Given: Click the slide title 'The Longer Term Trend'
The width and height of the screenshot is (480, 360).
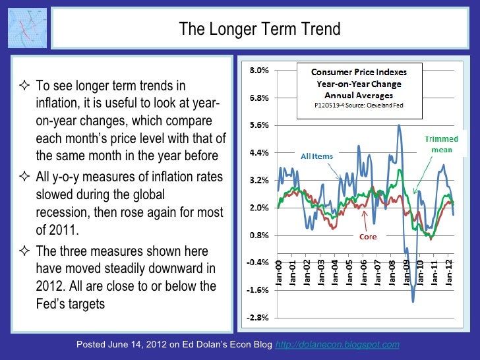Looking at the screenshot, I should click(x=260, y=29).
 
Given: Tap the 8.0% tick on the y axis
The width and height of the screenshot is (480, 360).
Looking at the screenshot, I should click(x=258, y=71).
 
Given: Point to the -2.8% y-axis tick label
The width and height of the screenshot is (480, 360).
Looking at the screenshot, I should click(x=258, y=317).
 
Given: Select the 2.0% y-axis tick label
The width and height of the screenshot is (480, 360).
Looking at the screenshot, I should click(x=258, y=208).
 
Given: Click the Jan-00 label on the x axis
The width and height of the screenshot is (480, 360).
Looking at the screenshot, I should click(x=280, y=271).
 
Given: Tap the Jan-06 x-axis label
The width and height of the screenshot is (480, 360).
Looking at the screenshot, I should click(x=365, y=271).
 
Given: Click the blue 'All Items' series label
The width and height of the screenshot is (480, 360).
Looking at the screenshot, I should click(x=317, y=156).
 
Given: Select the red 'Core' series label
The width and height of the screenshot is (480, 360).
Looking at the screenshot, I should click(x=368, y=236).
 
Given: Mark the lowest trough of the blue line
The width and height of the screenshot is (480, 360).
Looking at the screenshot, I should click(x=413, y=301).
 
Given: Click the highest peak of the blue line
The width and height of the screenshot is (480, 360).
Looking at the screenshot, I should click(x=400, y=125).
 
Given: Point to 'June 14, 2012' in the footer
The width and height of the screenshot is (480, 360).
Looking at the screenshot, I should click(x=137, y=345).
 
